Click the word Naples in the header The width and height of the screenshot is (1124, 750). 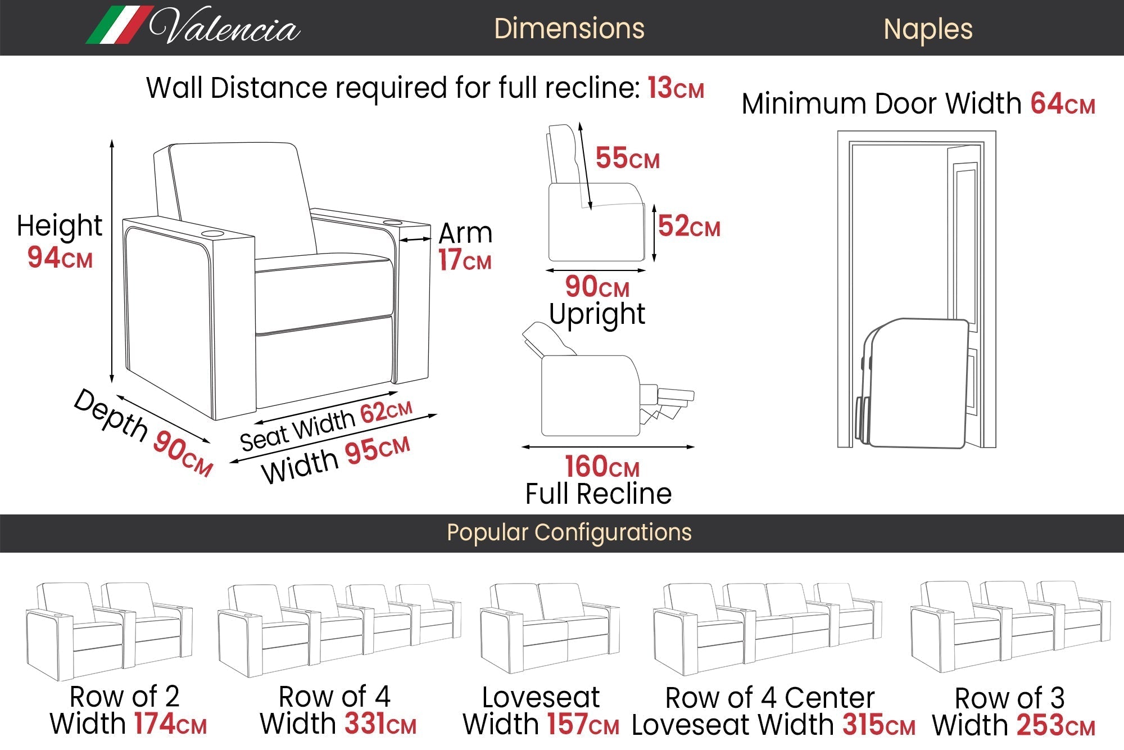(927, 29)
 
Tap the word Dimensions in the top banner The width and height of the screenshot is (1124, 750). (569, 29)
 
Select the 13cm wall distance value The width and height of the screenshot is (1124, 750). (675, 88)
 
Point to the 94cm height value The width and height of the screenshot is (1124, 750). (60, 257)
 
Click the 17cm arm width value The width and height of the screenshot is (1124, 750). (464, 260)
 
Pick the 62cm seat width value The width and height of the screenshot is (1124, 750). (386, 412)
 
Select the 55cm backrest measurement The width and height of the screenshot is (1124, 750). (627, 158)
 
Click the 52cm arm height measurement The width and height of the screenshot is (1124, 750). (688, 226)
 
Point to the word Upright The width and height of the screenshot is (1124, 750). (597, 314)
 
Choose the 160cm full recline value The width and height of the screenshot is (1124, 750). (601, 466)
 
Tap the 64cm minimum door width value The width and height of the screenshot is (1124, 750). (1062, 104)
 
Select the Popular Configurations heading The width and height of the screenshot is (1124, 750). (569, 532)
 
